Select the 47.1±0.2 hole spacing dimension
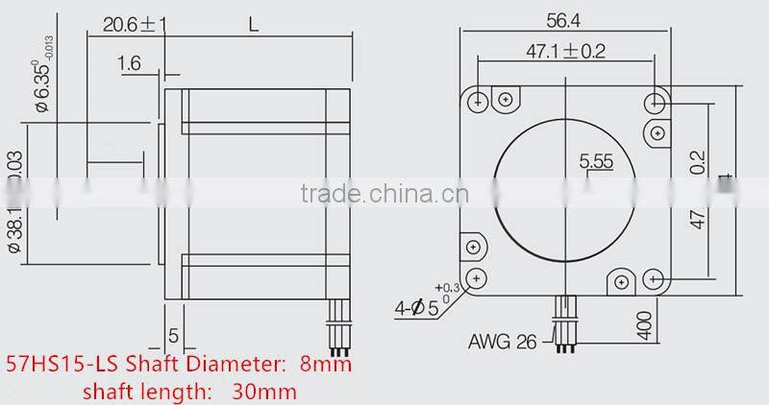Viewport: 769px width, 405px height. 565,52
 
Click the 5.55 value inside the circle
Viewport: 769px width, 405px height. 596,162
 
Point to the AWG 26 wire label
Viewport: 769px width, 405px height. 503,342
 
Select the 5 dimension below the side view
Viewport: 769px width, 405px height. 173,336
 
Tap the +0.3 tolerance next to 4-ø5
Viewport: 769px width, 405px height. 446,288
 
